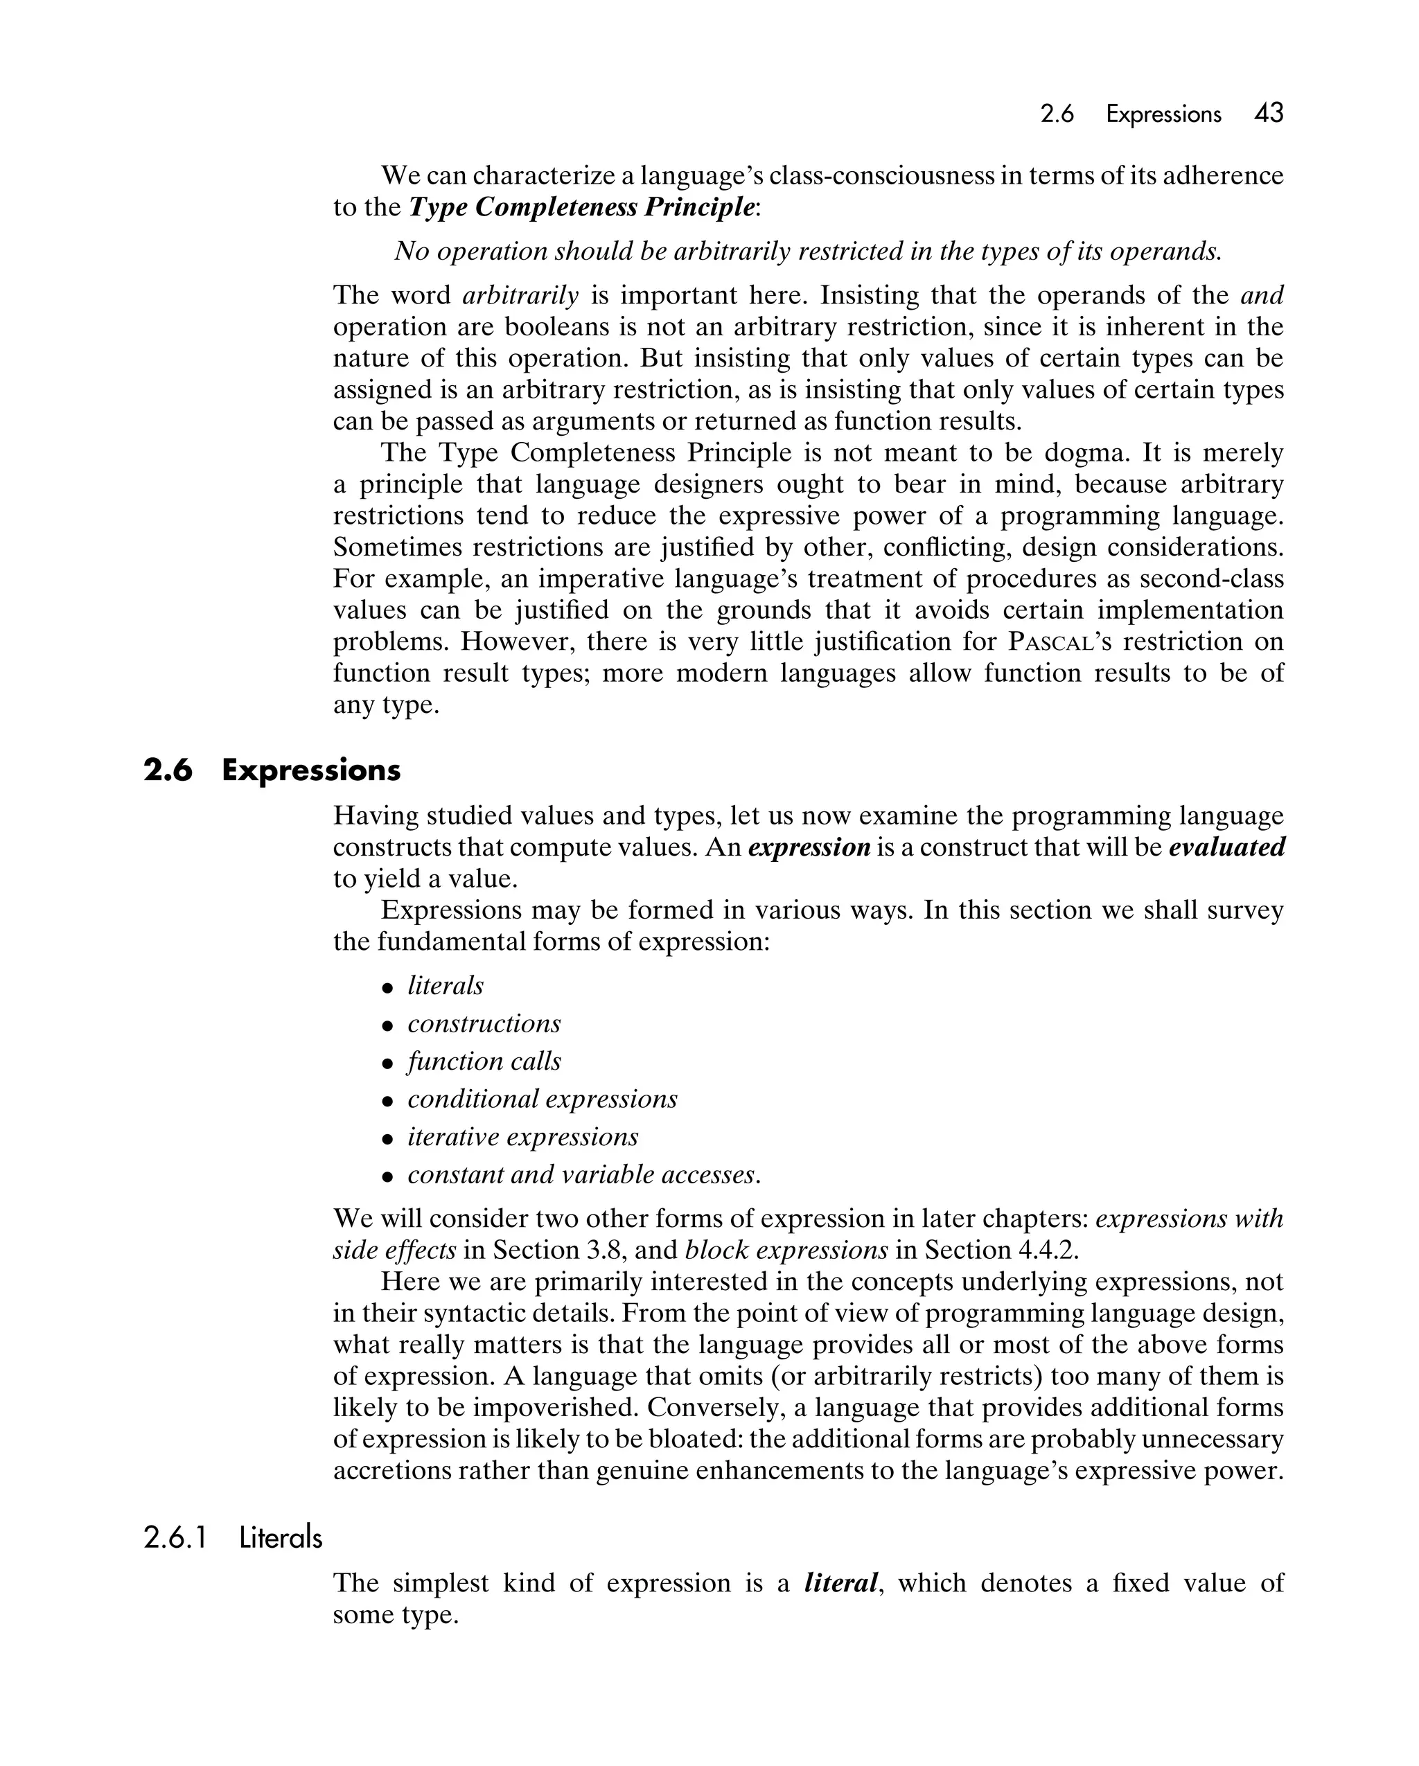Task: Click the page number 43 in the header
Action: (1268, 113)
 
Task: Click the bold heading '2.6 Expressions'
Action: (272, 770)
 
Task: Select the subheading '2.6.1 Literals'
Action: (233, 1538)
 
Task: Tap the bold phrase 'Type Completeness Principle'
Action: (581, 207)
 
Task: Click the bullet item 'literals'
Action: (445, 985)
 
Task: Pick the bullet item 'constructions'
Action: (484, 1024)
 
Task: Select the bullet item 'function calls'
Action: (484, 1061)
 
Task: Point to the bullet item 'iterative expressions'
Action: (522, 1137)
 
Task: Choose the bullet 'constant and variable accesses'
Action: (583, 1174)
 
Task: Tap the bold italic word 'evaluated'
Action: (1226, 847)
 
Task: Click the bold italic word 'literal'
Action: (840, 1582)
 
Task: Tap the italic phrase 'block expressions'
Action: (786, 1250)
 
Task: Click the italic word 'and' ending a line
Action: (1262, 295)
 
